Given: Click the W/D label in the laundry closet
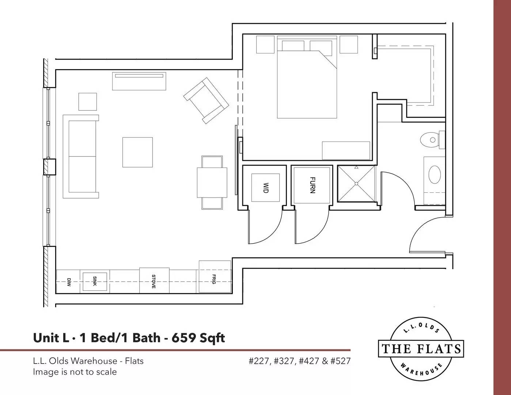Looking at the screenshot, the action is [x=265, y=188].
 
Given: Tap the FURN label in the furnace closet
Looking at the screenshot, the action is [x=313, y=185].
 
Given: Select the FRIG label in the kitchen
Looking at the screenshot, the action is [x=213, y=279].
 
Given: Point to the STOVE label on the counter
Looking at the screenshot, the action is [x=154, y=281].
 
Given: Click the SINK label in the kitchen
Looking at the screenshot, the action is [x=95, y=281].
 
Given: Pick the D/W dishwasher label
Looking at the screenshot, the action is [x=69, y=282].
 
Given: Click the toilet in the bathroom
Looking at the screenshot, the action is [x=432, y=140].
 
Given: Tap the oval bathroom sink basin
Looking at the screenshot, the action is [x=434, y=174].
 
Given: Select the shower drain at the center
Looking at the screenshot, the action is [x=356, y=184].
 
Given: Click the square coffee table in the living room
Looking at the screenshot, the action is [x=137, y=152].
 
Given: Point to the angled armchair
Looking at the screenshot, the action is [x=206, y=101].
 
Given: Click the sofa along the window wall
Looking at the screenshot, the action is [x=81, y=157].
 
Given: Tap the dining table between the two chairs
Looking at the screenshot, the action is [x=212, y=183].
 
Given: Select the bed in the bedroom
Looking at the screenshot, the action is [x=307, y=77].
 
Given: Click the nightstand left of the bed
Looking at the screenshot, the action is [x=265, y=45].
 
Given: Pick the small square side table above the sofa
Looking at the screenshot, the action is [x=88, y=102].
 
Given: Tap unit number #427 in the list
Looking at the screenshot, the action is [x=309, y=361].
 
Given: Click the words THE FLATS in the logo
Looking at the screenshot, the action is [x=421, y=349].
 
